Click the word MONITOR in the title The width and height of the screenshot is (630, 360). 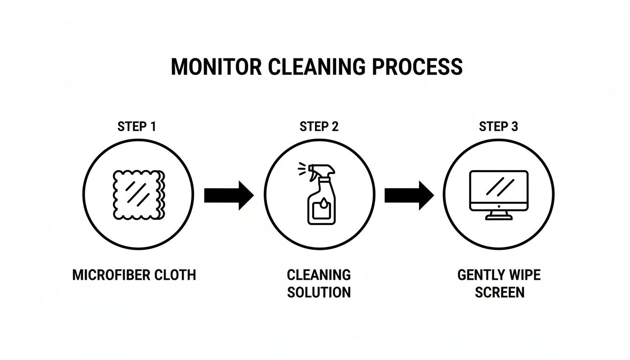pos(216,67)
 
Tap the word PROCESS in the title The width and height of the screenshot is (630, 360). pos(417,67)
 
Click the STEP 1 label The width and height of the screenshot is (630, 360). pos(136,127)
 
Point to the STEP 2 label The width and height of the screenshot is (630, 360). pos(319,127)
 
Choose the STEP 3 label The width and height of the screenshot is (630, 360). pos(498,127)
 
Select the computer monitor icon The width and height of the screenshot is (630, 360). pos(498,194)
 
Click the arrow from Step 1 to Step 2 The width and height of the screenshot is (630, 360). pos(229,195)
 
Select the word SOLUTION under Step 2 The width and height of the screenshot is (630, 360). pos(319,292)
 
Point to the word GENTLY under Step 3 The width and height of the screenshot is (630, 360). pos(479,275)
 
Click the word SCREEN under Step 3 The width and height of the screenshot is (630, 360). pos(499,292)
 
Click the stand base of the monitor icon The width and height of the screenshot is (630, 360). pos(498,217)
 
